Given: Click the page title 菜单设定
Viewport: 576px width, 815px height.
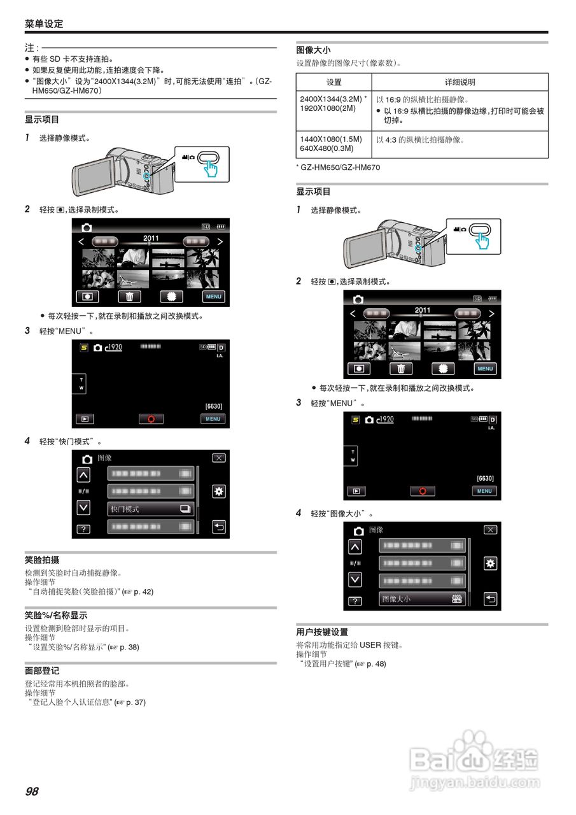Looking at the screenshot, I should coord(44,24).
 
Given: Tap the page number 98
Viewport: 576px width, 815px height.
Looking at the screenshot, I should coord(32,791).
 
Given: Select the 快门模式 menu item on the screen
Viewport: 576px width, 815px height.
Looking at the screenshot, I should coord(151,509).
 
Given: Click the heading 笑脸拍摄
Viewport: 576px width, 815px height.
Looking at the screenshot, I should coord(42,560).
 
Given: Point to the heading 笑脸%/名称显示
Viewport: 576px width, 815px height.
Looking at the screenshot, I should coord(56,616).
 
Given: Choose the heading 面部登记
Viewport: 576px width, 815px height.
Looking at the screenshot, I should coord(42,671).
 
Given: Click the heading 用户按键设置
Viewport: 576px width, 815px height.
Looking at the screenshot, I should coord(322,632).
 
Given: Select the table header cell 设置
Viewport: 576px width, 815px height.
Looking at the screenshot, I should coord(334,82).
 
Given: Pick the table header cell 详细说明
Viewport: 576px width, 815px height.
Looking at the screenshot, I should coord(460,82).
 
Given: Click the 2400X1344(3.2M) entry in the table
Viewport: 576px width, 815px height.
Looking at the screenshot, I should coord(331,99).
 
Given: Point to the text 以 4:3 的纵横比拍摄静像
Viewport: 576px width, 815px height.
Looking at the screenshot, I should coord(420,139).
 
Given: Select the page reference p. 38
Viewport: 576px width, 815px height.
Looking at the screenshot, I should coord(129,647).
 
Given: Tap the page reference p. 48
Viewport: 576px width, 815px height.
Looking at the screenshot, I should coord(376,664).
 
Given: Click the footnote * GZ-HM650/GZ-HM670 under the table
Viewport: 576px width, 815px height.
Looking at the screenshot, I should coord(338,167).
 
